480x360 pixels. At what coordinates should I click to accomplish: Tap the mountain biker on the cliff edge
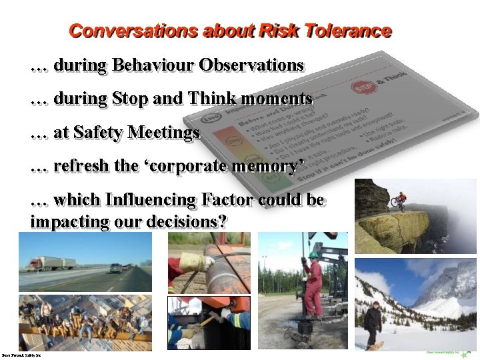399,199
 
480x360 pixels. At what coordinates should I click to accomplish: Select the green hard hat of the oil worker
313,255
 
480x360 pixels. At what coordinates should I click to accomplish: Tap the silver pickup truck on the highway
116,268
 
